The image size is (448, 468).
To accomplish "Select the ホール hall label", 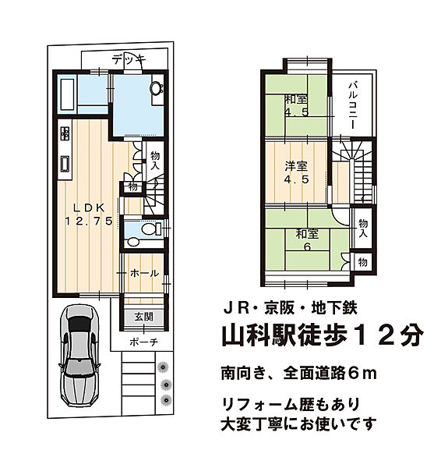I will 144,274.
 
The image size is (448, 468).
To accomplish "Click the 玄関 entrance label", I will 143,317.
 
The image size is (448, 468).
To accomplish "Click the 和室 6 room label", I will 306,240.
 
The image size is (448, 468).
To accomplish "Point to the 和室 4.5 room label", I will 295,105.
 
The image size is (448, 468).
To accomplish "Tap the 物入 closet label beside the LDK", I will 155,161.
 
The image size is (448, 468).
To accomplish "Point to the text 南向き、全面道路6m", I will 298,374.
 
